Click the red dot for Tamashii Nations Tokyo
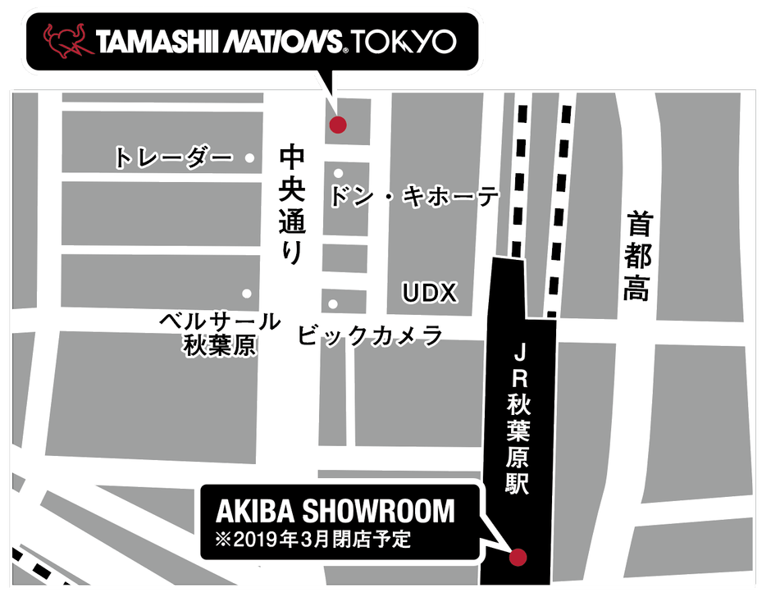pyautogui.click(x=337, y=125)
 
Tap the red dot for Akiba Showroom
pyautogui.click(x=517, y=558)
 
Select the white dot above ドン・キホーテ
pyautogui.click(x=338, y=173)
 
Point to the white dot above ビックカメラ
pyautogui.click(x=333, y=304)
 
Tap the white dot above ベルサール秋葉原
pyautogui.click(x=246, y=293)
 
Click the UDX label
pyautogui.click(x=429, y=293)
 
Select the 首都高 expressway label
pyautogui.click(x=637, y=257)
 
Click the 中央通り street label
pyautogui.click(x=292, y=204)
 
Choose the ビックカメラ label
pyautogui.click(x=370, y=336)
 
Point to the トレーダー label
pyautogui.click(x=174, y=157)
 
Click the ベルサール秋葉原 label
pyautogui.click(x=219, y=333)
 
